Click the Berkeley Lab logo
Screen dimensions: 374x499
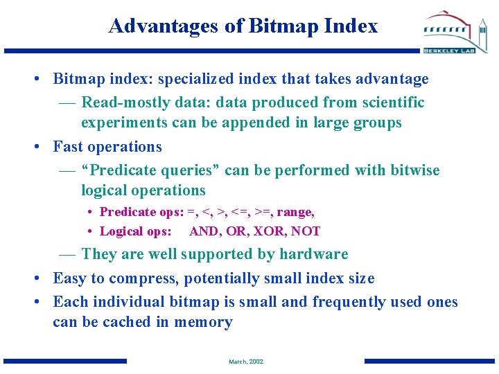click(456, 32)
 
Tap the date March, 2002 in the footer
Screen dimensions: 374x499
click(246, 362)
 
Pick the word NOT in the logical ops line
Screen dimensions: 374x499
click(306, 231)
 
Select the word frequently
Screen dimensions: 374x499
click(349, 302)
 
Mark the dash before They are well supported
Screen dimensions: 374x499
click(67, 254)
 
